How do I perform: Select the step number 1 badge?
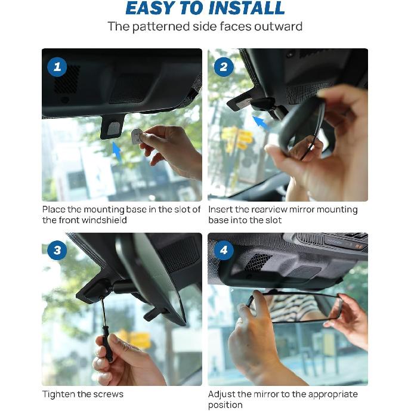(x=57, y=67)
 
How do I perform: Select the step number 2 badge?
(x=224, y=67)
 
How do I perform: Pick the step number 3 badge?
(x=57, y=251)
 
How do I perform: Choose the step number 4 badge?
(x=224, y=251)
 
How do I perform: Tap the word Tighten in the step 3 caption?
(x=58, y=394)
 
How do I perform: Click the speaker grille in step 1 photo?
(x=67, y=79)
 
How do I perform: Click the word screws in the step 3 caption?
(x=109, y=394)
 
